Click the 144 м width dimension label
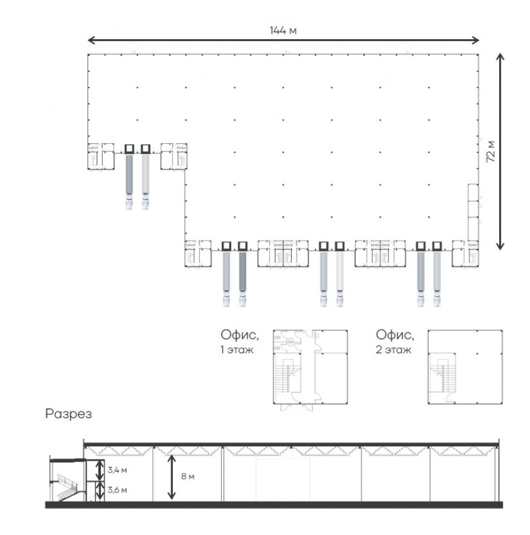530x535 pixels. (x=283, y=30)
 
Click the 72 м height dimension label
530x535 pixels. (x=491, y=152)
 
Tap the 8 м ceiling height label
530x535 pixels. (x=188, y=476)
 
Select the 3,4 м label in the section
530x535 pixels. (x=117, y=470)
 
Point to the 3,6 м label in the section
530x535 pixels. (x=117, y=490)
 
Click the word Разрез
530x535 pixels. (x=68, y=414)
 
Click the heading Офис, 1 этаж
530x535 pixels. (x=239, y=342)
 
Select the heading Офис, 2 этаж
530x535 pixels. (x=395, y=342)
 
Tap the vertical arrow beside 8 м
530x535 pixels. (x=172, y=477)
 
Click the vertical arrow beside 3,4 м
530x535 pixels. (x=99, y=470)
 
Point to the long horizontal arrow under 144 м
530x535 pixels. (x=283, y=40)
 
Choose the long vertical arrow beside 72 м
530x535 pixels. (x=500, y=152)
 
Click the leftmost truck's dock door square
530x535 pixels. (x=130, y=149)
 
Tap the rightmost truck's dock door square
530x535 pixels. (x=437, y=246)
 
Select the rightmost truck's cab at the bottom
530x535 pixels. (x=437, y=301)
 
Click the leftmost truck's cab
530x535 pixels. (x=130, y=203)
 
